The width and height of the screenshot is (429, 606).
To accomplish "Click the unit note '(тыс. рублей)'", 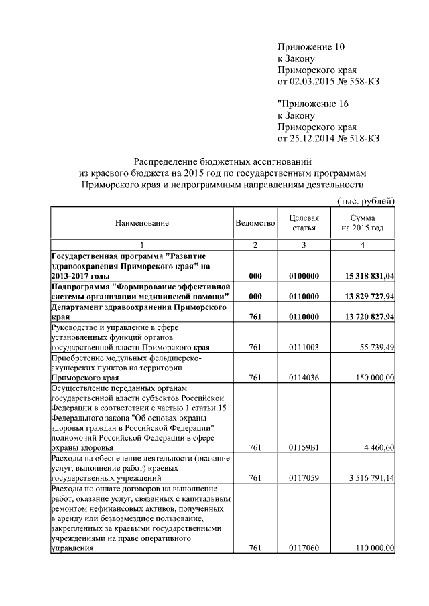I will click(365, 202).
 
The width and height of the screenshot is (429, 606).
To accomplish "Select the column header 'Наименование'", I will click(141, 223).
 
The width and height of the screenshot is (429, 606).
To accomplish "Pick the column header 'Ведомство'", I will click(255, 223).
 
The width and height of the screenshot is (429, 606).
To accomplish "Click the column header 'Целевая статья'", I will click(304, 223).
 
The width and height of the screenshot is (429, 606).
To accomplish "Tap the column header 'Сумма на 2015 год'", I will click(363, 223).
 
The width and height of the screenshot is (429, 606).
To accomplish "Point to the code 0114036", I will click(304, 378).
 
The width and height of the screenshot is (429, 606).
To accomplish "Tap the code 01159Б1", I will click(304, 447).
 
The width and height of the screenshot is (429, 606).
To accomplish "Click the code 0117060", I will click(304, 548).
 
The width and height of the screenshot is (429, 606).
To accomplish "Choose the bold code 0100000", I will click(304, 276).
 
